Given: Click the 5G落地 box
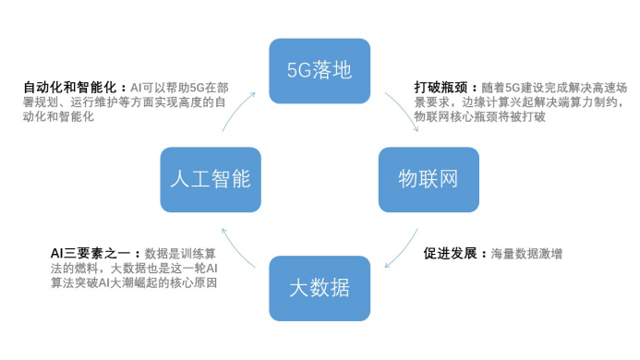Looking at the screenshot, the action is [320, 71].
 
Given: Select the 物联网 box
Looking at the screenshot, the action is [429, 180].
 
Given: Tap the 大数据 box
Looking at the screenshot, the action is [320, 288].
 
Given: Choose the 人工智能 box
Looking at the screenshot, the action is [211, 180].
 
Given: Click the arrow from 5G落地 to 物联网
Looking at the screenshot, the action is [405, 109].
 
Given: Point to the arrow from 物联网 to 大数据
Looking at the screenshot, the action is [405, 250].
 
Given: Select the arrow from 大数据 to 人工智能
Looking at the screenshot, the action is [235, 250].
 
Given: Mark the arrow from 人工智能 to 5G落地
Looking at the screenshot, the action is [235, 109].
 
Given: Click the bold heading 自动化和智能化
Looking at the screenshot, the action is [70, 88].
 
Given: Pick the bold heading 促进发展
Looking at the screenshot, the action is [450, 254].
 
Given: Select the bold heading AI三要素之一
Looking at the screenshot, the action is [91, 254].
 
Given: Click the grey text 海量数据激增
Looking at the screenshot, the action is [526, 254].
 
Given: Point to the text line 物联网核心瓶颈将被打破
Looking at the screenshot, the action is [479, 116].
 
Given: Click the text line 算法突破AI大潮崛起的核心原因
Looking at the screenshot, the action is [134, 282].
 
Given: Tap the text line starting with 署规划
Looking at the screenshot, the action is [125, 102].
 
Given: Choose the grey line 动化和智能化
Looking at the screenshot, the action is [59, 116].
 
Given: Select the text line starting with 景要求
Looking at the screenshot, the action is [520, 102].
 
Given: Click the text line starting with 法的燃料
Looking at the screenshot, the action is [134, 269].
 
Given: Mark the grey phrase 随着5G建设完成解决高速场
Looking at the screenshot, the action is [554, 88].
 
